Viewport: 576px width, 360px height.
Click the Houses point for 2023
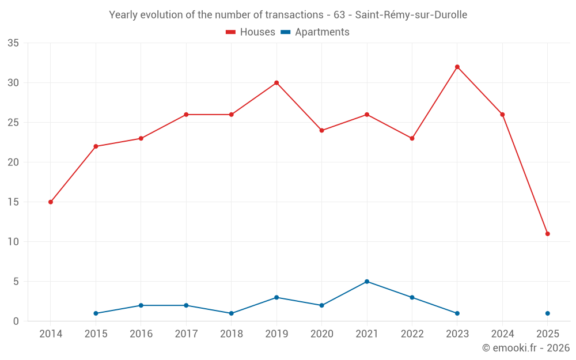point(457,67)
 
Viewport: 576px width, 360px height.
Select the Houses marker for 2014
point(51,202)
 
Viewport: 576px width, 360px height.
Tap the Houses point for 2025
point(548,234)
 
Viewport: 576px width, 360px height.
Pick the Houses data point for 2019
point(276,83)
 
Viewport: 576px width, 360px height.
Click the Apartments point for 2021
point(367,282)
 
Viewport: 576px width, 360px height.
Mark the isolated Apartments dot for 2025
point(548,313)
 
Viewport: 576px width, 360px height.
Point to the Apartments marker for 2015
point(96,313)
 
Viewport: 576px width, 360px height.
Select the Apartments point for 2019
point(276,297)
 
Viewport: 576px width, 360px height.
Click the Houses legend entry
point(251,32)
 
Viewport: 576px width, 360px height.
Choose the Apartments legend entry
point(315,32)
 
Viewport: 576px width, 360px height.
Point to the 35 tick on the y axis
point(13,43)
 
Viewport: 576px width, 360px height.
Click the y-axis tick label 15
point(13,202)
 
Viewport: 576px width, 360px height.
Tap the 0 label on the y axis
point(16,321)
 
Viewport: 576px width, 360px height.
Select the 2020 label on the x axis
point(321,334)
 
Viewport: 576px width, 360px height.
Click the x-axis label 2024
point(502,334)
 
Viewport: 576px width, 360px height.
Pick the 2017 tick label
point(186,334)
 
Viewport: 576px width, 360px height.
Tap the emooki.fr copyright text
point(526,348)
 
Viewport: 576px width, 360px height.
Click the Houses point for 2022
point(412,138)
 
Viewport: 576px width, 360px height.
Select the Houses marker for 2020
point(321,131)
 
